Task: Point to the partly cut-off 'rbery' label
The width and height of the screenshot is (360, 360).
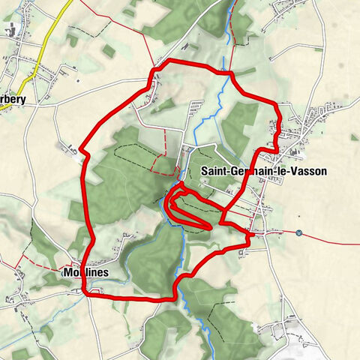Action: [13, 99]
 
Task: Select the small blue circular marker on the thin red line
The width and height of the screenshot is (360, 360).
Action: [298, 233]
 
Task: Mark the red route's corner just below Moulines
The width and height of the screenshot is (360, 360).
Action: [85, 293]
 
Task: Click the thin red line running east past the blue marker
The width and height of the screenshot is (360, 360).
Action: [330, 238]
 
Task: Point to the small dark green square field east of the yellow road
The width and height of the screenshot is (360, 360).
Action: [109, 51]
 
